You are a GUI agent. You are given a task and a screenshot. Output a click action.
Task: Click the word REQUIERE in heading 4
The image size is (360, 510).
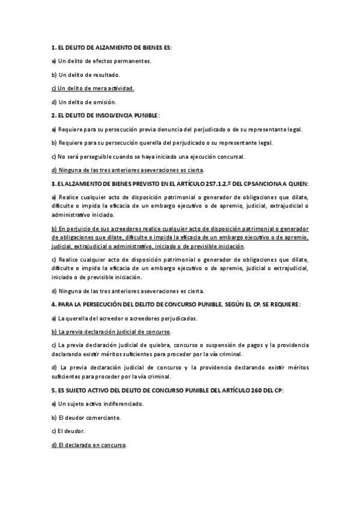(x=278, y=304)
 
